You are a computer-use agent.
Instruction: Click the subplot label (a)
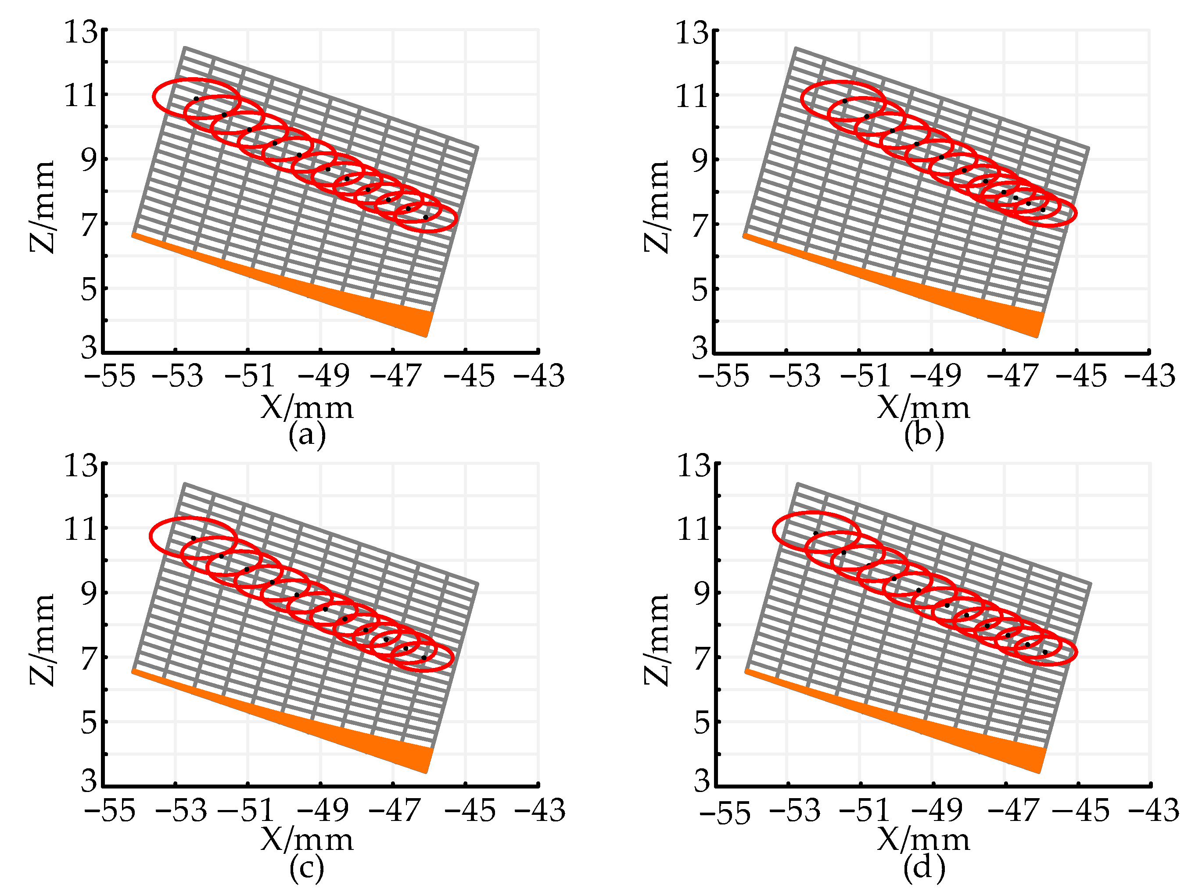coord(307,435)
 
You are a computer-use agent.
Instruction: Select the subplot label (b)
coord(924,435)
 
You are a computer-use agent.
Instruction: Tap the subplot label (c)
coord(307,868)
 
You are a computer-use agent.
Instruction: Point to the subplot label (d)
coord(924,868)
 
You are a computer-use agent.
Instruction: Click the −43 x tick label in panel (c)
coord(539,810)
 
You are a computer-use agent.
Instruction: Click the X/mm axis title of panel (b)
coord(923,408)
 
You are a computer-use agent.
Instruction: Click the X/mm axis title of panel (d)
coord(923,840)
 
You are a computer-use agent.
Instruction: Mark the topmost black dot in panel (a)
coord(196,99)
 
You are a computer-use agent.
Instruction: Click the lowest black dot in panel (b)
coord(1043,210)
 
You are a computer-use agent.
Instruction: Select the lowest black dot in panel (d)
coord(1045,652)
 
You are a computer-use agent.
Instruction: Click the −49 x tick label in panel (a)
coord(323,376)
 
